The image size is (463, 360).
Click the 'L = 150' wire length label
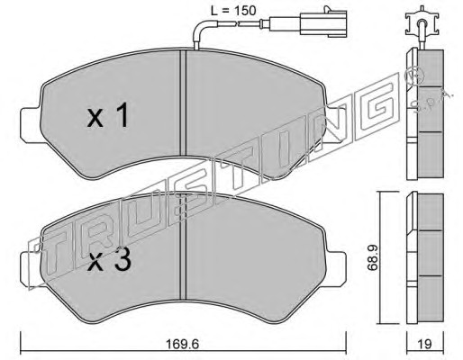[x=233, y=11]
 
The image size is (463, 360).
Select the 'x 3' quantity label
[x=109, y=259]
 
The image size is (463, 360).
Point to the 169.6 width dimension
[x=183, y=344]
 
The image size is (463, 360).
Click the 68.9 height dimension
[x=373, y=257]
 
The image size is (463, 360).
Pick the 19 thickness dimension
[x=424, y=344]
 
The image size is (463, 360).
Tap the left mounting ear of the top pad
[x=31, y=125]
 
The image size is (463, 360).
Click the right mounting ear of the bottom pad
[x=335, y=269]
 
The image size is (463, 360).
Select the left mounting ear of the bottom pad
[x=31, y=269]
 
